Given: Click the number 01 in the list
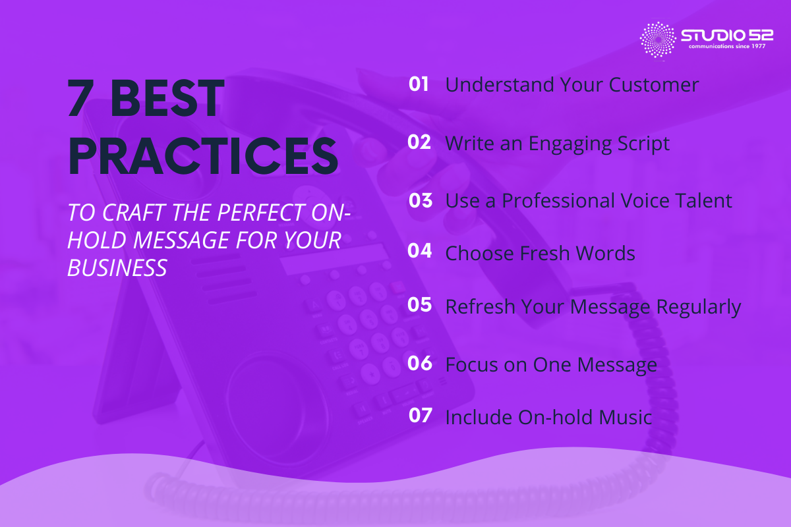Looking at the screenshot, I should pos(419,84).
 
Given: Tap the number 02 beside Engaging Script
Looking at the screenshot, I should pos(419,142).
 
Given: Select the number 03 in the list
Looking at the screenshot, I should pos(420,200).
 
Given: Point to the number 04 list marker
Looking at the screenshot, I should pos(420,252).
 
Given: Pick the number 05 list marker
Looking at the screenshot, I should pos(420,305).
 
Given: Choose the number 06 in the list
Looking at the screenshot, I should pos(420,364).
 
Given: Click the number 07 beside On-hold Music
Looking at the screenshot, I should pos(420,416).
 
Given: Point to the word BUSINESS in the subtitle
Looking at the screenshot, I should pos(117,268).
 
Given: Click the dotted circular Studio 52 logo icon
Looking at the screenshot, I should pos(658,40).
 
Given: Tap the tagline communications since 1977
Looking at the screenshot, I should pos(726,47).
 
